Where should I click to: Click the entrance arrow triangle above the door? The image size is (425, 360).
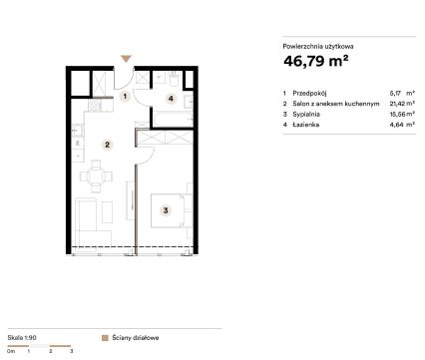pyautogui.click(x=126, y=59)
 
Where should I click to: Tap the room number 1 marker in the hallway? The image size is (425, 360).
pyautogui.click(x=125, y=97)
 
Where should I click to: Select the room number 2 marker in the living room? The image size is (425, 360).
pyautogui.click(x=107, y=145)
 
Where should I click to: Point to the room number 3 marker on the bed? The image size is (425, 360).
pyautogui.click(x=166, y=210)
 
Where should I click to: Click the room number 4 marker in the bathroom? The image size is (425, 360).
pyautogui.click(x=171, y=99)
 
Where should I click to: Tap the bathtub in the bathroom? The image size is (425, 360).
pyautogui.click(x=173, y=119)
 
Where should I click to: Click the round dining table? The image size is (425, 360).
pyautogui.click(x=96, y=177)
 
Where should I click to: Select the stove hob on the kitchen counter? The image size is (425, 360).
pyautogui.click(x=95, y=106)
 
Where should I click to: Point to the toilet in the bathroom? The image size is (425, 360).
pyautogui.click(x=174, y=79)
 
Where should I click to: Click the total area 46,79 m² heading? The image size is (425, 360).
pyautogui.click(x=316, y=61)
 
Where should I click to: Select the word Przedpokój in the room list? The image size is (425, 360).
pyautogui.click(x=309, y=93)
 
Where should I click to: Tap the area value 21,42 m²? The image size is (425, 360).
pyautogui.click(x=402, y=104)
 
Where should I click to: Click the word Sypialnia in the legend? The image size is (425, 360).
pyautogui.click(x=306, y=114)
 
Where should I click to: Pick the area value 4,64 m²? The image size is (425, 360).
pyautogui.click(x=402, y=125)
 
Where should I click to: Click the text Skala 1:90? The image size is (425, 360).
pyautogui.click(x=22, y=337)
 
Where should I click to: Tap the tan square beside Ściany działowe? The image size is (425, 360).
pyautogui.click(x=105, y=338)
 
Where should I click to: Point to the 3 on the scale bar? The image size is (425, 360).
pyautogui.click(x=72, y=351)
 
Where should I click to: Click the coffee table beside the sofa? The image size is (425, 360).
pyautogui.click(x=107, y=211)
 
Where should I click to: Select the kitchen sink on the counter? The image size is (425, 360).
pyautogui.click(x=77, y=130)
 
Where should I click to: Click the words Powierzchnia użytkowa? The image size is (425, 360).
pyautogui.click(x=318, y=47)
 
